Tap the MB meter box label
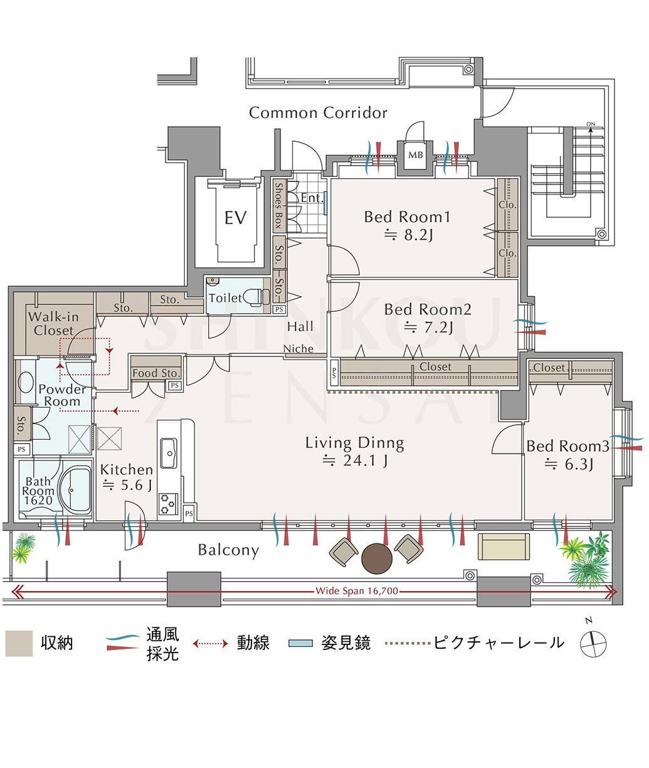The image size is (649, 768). (x=416, y=155)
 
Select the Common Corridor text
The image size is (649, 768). (x=318, y=112)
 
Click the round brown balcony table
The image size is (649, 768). (x=376, y=559)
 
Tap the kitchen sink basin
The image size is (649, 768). (x=169, y=453)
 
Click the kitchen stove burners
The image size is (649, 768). (x=168, y=503)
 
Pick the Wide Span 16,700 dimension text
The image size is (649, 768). (x=356, y=591)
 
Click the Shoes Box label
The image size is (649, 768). (x=278, y=206)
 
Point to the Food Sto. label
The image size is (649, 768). (x=156, y=373)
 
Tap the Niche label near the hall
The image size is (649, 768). (x=298, y=349)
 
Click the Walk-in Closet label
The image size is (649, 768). (x=53, y=324)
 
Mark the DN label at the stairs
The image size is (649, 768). (x=590, y=124)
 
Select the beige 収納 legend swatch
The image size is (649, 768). (x=19, y=643)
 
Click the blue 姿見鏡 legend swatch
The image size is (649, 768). (x=301, y=643)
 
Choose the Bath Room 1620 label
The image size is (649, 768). (x=38, y=491)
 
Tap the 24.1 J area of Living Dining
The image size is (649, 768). (x=356, y=461)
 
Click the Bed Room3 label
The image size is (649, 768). (x=567, y=446)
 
